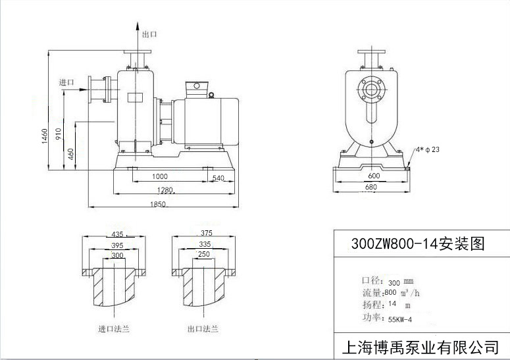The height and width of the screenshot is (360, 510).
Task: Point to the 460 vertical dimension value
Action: pyautogui.click(x=70, y=156)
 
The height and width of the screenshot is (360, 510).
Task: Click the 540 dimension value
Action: pyautogui.click(x=218, y=178)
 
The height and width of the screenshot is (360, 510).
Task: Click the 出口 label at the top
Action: pyautogui.click(x=149, y=34)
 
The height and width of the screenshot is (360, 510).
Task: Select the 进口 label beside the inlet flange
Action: pyautogui.click(x=66, y=82)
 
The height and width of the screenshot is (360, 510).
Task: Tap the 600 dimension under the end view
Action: pyautogui.click(x=374, y=176)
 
